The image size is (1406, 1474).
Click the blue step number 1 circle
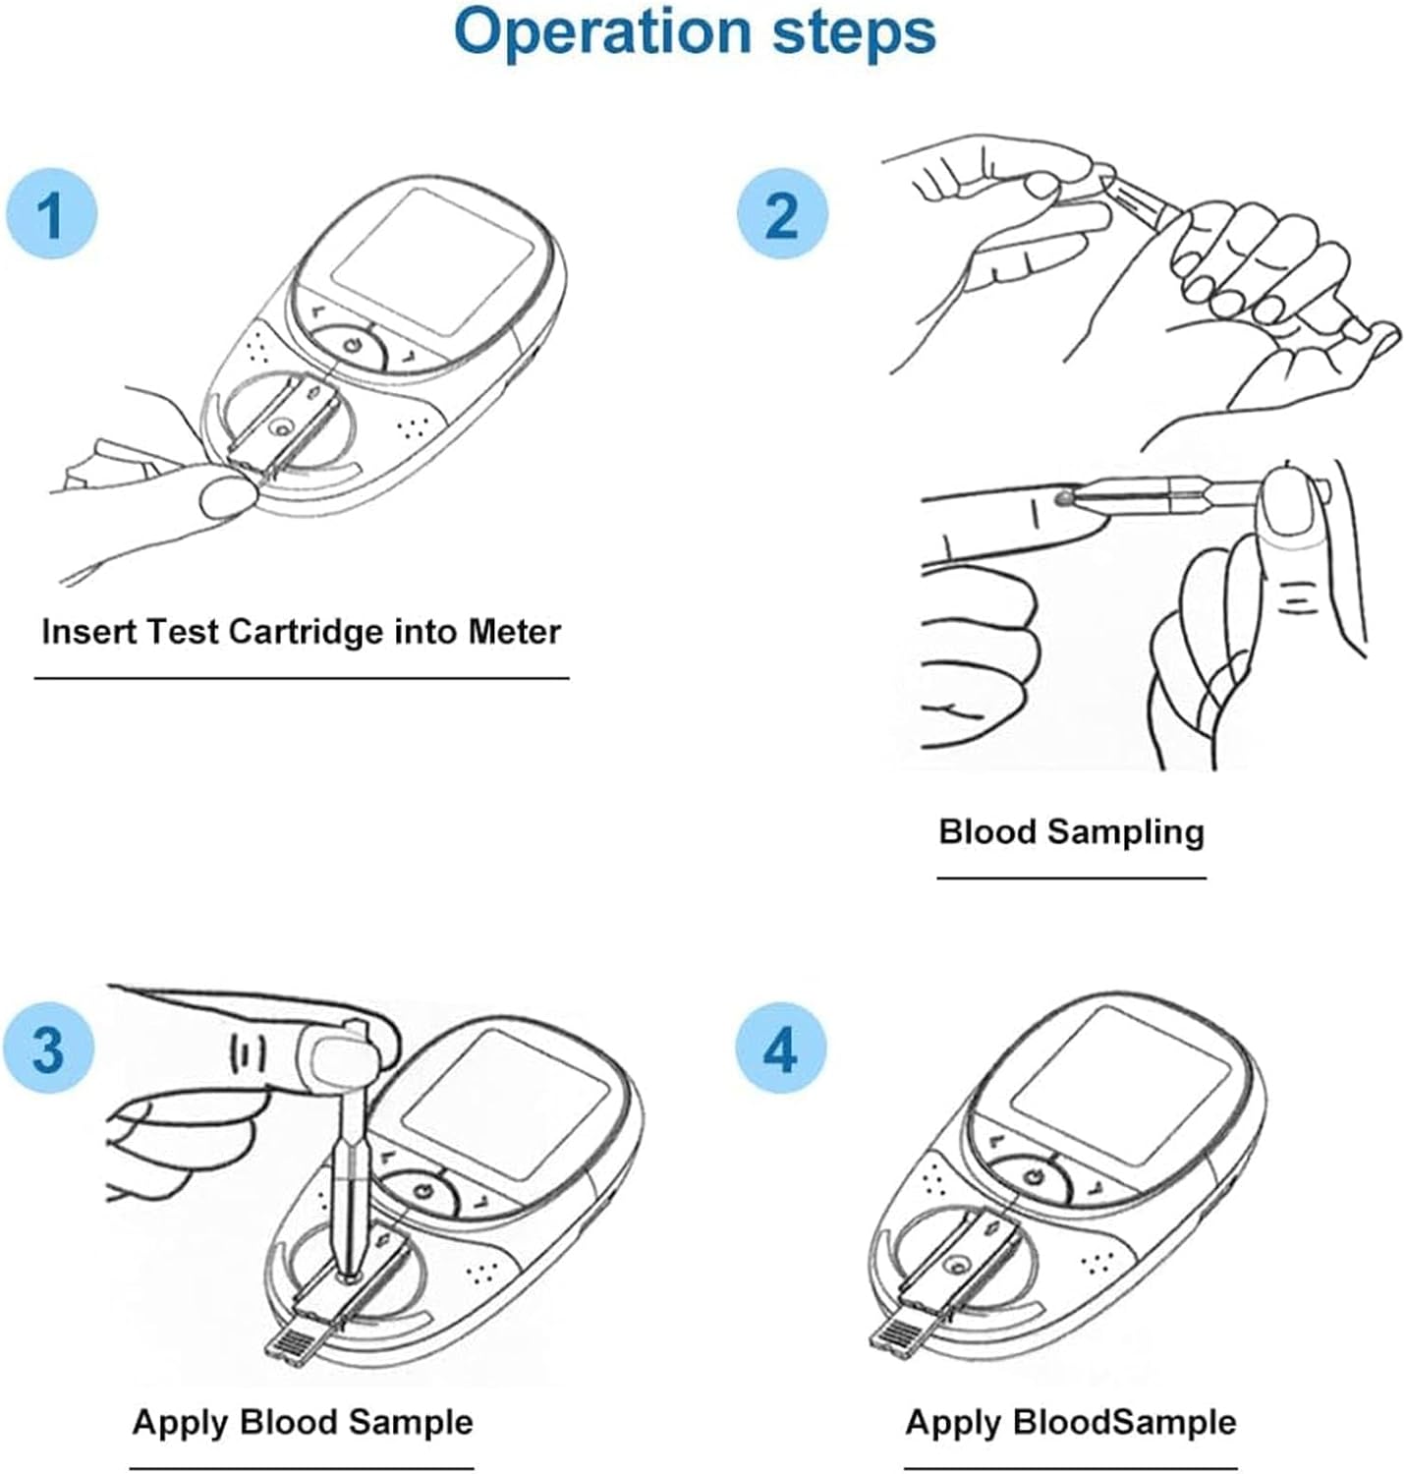tap(51, 212)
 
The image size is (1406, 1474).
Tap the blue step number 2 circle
tap(782, 213)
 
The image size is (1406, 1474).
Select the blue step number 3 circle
tap(49, 1048)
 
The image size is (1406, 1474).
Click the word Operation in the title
tap(602, 31)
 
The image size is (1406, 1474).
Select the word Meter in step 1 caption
tap(514, 631)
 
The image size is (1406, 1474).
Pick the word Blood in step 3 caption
tap(290, 1422)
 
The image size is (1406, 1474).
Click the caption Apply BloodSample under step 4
tap(1070, 1422)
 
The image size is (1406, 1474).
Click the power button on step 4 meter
tap(1033, 1176)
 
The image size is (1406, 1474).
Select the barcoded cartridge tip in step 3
tap(293, 1342)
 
